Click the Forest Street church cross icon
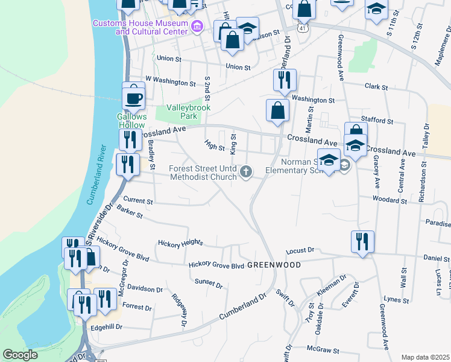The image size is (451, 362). pos(245,173)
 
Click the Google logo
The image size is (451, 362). pos(20,355)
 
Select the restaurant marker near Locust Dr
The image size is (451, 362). pos(362,242)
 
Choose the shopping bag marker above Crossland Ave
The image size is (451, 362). pos(277,111)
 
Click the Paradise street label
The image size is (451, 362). pos(437,223)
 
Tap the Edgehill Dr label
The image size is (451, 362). pos(106,326)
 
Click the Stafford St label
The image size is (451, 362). pos(377,121)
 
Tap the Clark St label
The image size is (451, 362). pos(376,87)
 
